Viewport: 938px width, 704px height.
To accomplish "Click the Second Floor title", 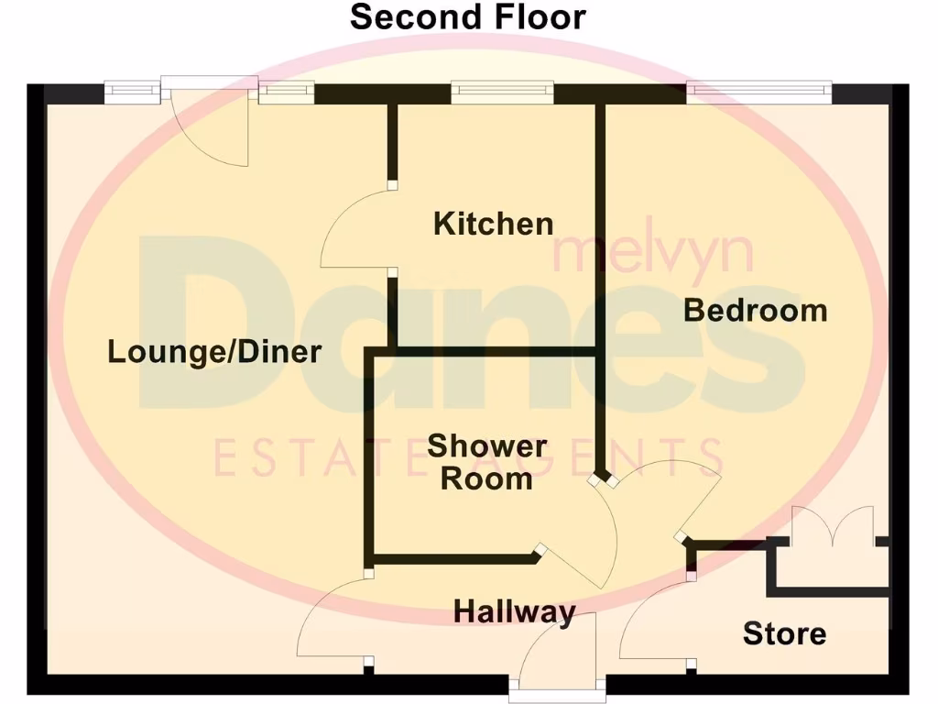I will [468, 17].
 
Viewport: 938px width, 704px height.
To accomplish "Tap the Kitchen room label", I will [493, 224].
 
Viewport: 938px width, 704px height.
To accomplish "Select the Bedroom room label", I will [756, 311].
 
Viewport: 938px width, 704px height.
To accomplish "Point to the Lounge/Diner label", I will [214, 351].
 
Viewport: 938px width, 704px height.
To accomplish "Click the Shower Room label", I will [486, 463].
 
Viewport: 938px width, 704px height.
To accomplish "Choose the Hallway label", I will [515, 611].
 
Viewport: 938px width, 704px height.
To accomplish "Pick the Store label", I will [784, 633].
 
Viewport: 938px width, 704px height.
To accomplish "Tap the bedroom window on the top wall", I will [759, 90].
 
